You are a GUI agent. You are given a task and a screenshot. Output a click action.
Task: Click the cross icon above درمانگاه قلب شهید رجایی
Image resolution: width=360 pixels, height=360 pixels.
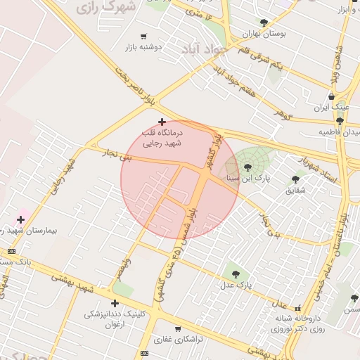coord(162,122)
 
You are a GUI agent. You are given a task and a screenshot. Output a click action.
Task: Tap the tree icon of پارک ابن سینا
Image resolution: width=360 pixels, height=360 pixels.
coord(247,167)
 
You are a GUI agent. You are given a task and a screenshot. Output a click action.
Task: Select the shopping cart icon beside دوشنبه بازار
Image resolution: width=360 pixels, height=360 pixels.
coord(144,36)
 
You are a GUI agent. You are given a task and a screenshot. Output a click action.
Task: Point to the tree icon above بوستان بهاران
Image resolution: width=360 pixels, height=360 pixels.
coord(264,22)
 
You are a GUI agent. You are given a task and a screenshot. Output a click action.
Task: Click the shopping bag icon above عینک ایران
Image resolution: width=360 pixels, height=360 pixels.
coord(331,97)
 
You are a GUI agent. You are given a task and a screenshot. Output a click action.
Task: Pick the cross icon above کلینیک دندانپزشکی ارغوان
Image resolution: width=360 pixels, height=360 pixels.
coord(115,303)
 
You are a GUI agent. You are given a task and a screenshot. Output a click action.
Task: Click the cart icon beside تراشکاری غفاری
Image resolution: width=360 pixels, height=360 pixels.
coord(177,328)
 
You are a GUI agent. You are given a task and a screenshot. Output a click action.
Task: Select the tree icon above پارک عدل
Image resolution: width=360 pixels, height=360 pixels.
coord(236,274)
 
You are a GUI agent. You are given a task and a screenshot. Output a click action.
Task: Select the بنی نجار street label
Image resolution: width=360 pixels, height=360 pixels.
coord(116,153)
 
